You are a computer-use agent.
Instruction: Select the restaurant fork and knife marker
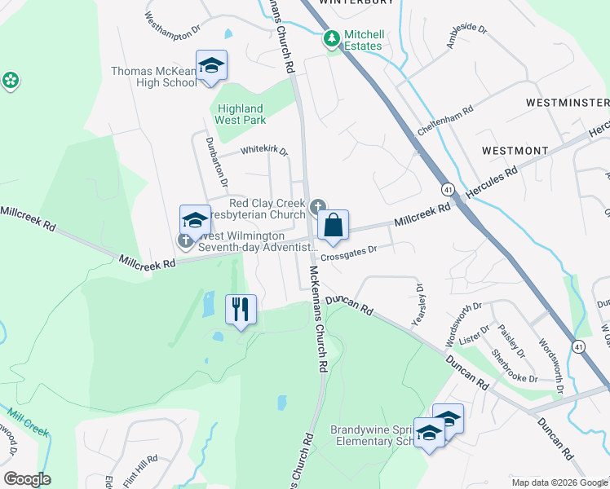coord(241,310)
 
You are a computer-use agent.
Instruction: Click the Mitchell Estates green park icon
coord(332,38)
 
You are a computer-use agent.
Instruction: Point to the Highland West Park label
coord(240,114)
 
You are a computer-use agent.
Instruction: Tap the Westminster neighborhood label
coord(568,103)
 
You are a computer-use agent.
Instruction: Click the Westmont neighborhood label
coord(515,151)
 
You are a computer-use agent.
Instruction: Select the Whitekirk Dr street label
coord(265,151)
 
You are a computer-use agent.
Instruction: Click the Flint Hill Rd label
coord(140,471)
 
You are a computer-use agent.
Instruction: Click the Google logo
coord(27,479)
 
